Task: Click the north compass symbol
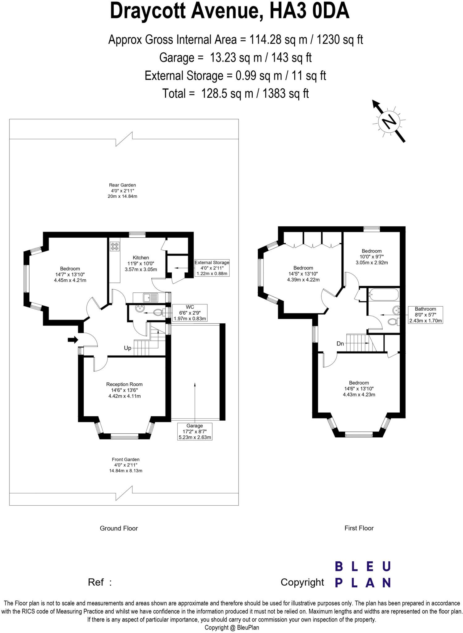click(389, 121)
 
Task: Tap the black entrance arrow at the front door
click(73, 340)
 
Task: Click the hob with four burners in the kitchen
click(115, 246)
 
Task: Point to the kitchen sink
click(150, 298)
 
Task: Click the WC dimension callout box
click(190, 313)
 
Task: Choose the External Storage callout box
click(212, 268)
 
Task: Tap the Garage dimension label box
click(195, 431)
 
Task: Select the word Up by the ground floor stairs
click(128, 348)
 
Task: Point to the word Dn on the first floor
click(340, 343)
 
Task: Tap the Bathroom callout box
click(426, 315)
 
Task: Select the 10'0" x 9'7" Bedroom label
click(372, 257)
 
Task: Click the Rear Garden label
click(122, 191)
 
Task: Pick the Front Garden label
click(126, 465)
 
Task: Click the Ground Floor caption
click(119, 528)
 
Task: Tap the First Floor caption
click(359, 528)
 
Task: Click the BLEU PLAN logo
click(363, 575)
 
